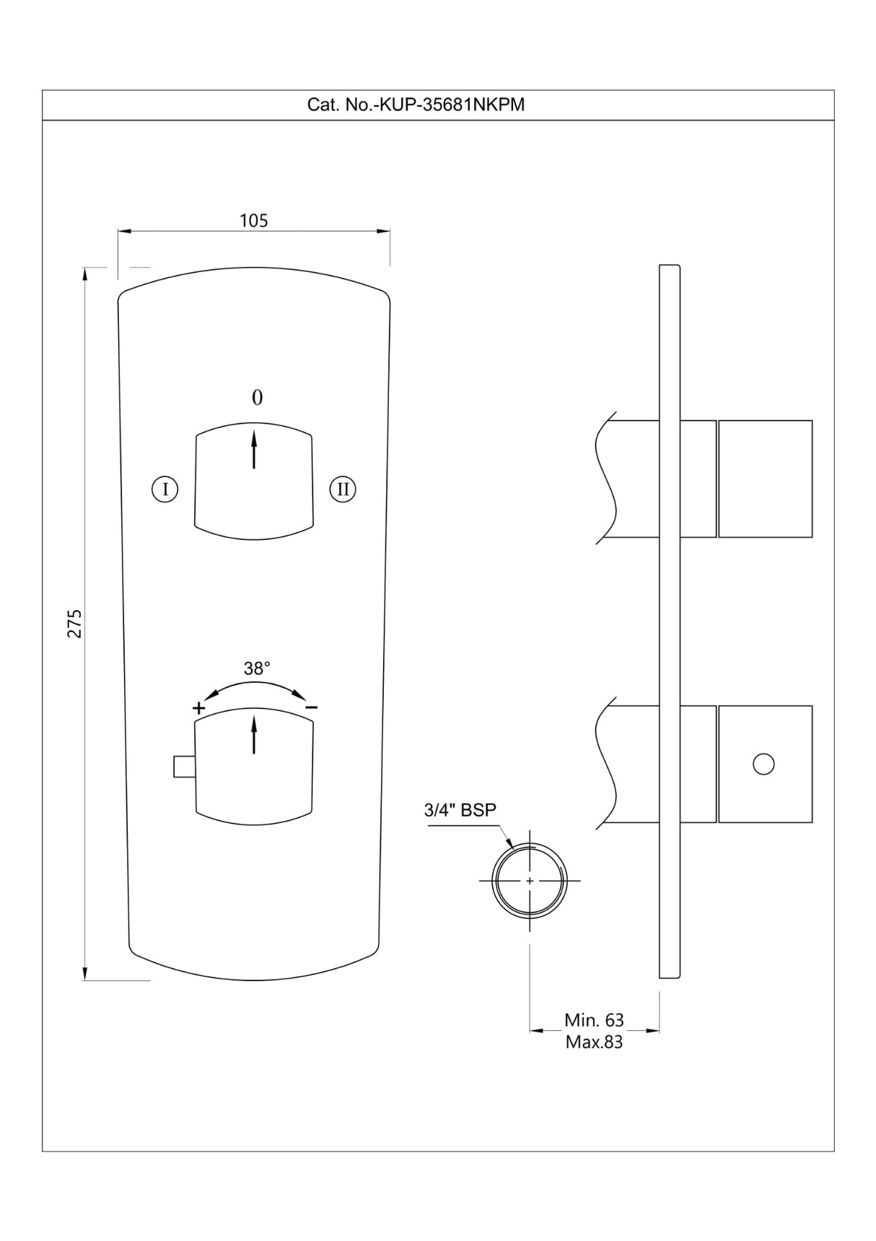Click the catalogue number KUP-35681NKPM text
pos(416,105)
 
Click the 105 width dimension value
pos(253,220)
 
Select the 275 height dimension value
pos(75,623)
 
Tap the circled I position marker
pos(165,489)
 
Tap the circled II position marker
pos(343,489)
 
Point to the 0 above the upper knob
pos(257,398)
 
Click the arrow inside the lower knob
pos(254,734)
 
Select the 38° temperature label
pos(257,669)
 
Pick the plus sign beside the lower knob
pos(198,708)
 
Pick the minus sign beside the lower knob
pos(311,708)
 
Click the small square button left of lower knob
pos(184,767)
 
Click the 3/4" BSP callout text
pos(460,810)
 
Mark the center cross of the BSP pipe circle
pos(530,881)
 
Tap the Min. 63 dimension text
pos(594,1020)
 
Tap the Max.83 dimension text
pos(594,1042)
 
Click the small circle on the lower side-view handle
pos(763,764)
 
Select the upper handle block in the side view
pos(766,479)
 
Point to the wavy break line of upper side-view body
pos(606,479)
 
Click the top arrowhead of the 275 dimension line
pos(85,272)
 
